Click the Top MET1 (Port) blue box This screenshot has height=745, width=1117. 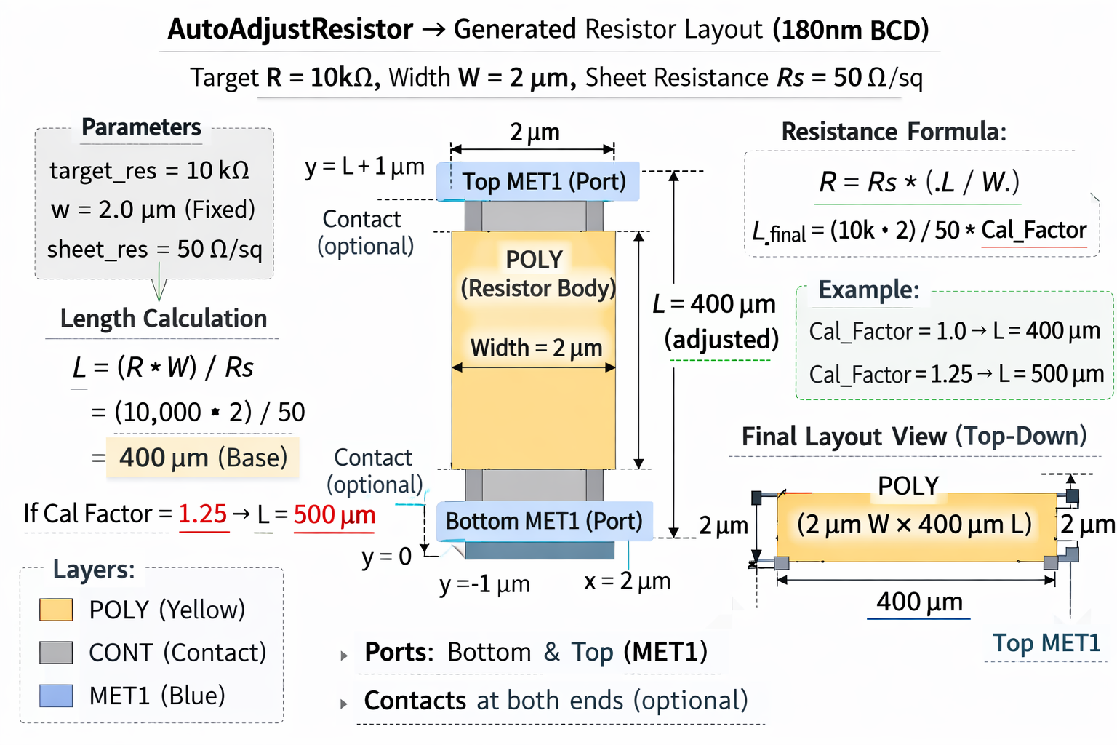tap(538, 181)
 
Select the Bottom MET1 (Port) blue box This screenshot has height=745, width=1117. tap(544, 521)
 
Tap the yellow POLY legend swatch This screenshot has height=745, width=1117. tap(56, 610)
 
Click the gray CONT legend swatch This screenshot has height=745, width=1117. tap(56, 653)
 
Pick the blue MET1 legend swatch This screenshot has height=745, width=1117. tap(56, 696)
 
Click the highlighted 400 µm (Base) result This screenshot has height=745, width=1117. tap(203, 458)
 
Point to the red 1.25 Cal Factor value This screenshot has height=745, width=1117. tap(203, 514)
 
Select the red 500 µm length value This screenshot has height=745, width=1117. tap(335, 514)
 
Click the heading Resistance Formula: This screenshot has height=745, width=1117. tap(894, 132)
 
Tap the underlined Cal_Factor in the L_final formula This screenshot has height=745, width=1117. tap(1033, 230)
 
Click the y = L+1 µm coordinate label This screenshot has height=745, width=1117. tap(364, 167)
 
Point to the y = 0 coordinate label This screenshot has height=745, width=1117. tap(386, 557)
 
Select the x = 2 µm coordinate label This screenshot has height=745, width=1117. tap(627, 581)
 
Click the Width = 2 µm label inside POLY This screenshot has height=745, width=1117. tap(536, 348)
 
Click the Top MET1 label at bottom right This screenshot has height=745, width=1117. tap(1046, 643)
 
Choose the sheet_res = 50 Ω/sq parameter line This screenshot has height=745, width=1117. tap(154, 250)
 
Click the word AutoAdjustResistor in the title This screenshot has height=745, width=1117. tap(290, 30)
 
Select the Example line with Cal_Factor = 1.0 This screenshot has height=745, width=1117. tap(954, 331)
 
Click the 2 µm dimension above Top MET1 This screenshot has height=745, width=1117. tap(535, 132)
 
